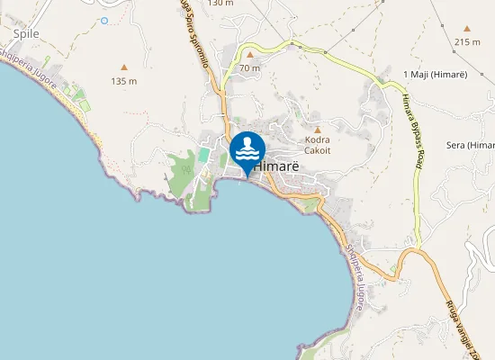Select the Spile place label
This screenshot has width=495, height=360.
point(27,34)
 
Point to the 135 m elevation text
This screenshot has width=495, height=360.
point(124,81)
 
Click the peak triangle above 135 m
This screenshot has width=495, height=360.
point(124,67)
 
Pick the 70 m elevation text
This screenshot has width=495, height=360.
point(250,67)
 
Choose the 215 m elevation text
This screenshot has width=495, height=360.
point(468,42)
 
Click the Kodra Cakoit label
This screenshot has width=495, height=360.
point(318,145)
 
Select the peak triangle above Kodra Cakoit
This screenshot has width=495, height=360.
point(318,130)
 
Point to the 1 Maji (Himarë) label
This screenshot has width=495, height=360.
point(434,74)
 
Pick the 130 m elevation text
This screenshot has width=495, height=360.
point(220,4)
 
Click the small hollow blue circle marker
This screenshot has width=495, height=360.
point(104,20)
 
